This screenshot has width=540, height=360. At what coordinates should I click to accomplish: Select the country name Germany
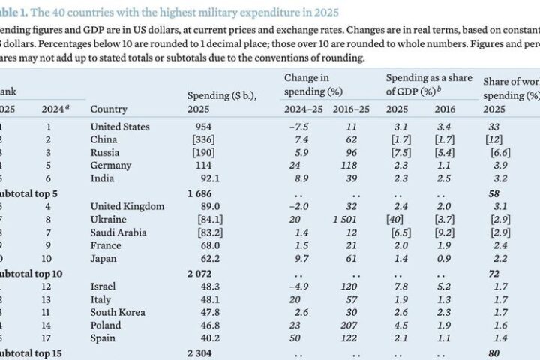click(x=111, y=166)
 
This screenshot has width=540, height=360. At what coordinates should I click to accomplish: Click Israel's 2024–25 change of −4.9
click(x=298, y=286)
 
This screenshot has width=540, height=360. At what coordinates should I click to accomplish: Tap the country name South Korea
click(x=118, y=312)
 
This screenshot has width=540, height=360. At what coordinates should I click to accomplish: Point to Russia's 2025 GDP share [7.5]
click(x=400, y=153)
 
